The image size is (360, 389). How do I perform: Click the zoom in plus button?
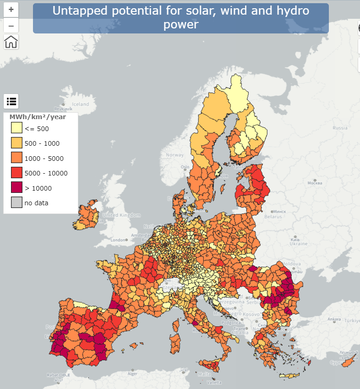11,9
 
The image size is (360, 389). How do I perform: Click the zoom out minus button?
11,25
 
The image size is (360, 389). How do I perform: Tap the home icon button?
11,42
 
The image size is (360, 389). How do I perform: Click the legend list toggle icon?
11,101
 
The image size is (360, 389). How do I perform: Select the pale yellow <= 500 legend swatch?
16,128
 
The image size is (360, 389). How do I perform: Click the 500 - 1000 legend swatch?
16,143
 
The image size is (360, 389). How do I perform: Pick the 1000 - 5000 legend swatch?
16,158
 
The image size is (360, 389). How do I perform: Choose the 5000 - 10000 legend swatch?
16,173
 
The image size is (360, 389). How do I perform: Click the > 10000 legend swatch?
16,188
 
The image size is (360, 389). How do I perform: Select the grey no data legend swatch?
16,203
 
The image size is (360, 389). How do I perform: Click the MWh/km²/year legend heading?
38,117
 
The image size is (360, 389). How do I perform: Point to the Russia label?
340,128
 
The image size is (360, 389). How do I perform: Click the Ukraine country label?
299,244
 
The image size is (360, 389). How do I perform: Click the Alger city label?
132,373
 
